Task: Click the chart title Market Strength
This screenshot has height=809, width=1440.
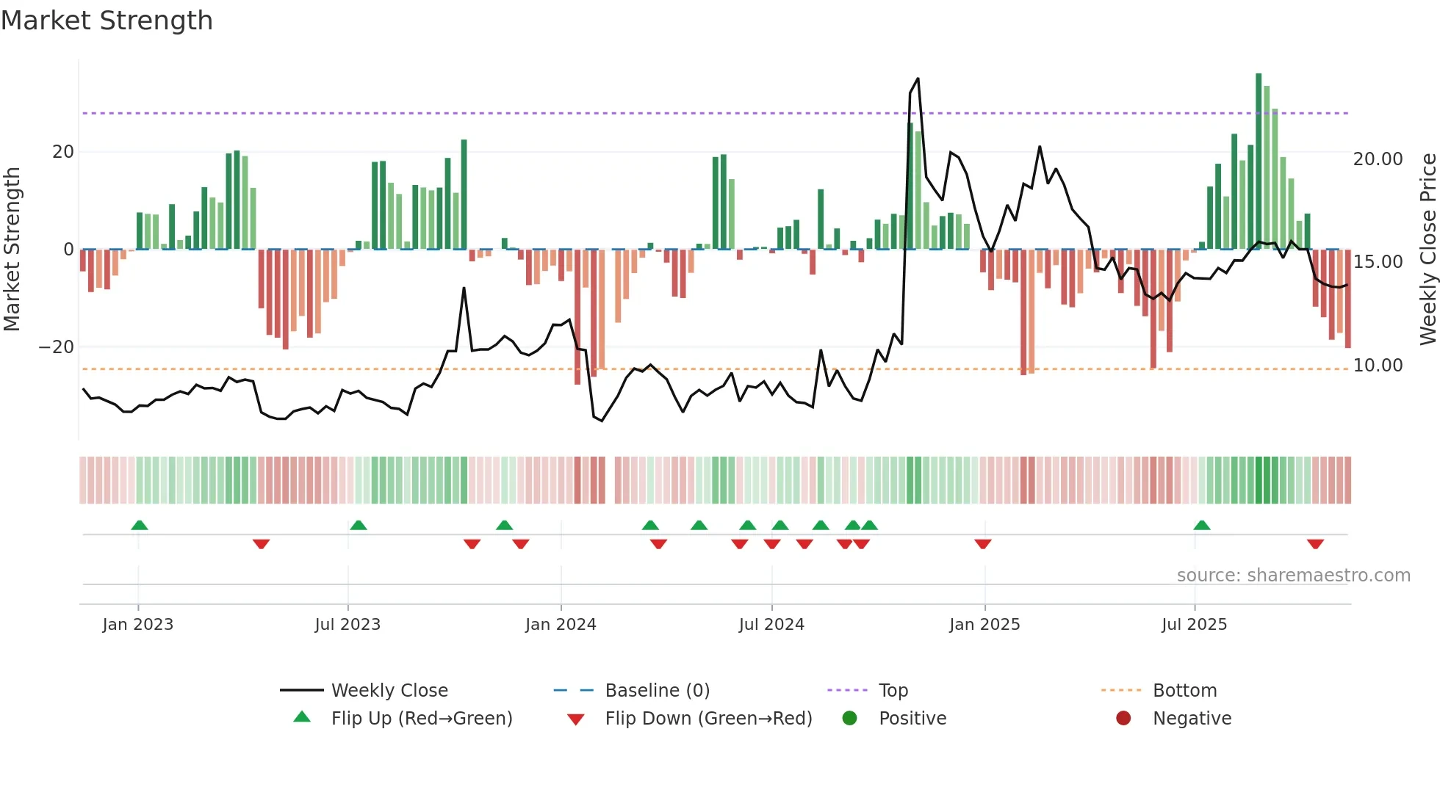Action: [x=107, y=21]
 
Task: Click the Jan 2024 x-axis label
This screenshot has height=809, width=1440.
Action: [x=561, y=625]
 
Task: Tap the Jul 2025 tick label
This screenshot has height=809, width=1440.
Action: [x=1194, y=625]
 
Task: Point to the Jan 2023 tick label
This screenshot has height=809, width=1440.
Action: [x=138, y=625]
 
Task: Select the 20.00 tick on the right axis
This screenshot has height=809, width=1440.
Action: [x=1378, y=159]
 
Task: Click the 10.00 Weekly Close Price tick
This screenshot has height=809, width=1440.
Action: [x=1378, y=366]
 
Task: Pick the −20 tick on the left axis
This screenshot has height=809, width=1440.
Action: [x=57, y=347]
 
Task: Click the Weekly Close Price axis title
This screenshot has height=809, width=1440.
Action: [x=1428, y=250]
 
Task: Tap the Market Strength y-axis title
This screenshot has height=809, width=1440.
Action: [x=12, y=250]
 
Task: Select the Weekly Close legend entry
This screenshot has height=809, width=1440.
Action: [x=389, y=691]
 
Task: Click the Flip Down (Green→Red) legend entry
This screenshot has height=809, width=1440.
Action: [x=708, y=719]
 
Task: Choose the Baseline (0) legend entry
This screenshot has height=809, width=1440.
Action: [x=657, y=691]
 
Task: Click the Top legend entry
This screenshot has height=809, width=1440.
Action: [x=893, y=691]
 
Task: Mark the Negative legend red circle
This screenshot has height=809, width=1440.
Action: [x=1123, y=719]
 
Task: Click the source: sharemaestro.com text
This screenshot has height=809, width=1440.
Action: [x=1293, y=576]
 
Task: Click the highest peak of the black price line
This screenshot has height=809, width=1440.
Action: [x=918, y=79]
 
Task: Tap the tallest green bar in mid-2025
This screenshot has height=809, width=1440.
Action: [x=1259, y=162]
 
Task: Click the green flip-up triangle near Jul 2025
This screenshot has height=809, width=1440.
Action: [x=1202, y=526]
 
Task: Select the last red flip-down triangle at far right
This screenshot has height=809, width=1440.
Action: [x=1315, y=544]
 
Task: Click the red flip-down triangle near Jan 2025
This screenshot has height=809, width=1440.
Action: [x=983, y=544]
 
